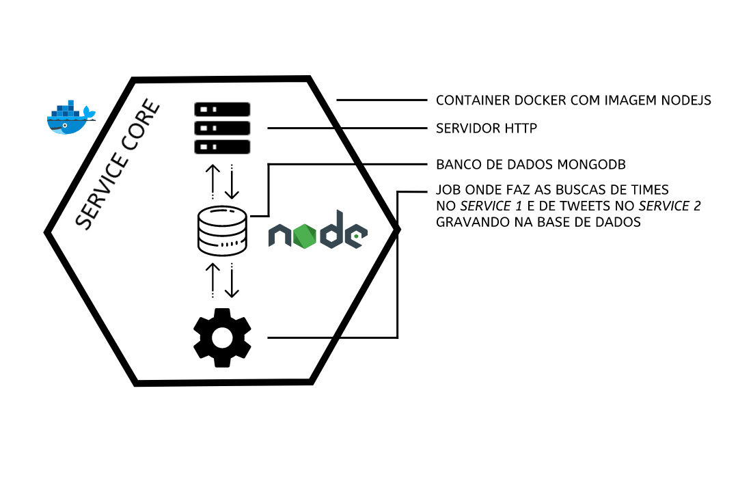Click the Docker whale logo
[x=70, y=118]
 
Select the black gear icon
[x=222, y=338]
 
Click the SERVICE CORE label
[x=117, y=165]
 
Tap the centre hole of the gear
[x=222, y=338]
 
